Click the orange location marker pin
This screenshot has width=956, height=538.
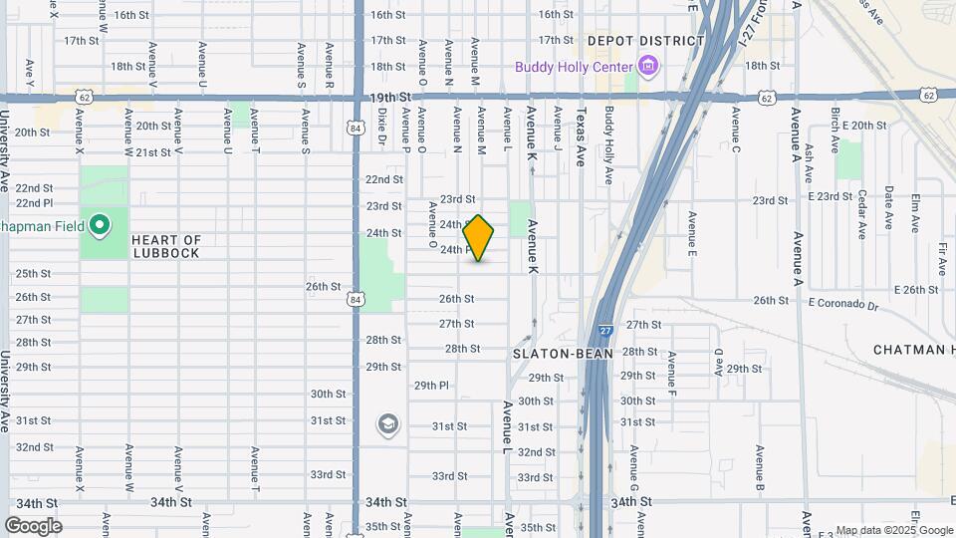coord(479,238)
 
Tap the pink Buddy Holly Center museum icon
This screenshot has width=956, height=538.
coord(649,67)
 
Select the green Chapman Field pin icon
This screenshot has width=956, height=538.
coord(99,226)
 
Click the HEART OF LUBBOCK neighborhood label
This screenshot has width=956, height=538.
coord(165,246)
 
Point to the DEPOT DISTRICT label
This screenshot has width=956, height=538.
coord(645,41)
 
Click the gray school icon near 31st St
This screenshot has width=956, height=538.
coord(387,425)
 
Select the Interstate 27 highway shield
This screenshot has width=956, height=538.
coord(605,330)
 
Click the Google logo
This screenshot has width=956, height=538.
coord(33,526)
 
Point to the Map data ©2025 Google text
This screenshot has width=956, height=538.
coord(893,531)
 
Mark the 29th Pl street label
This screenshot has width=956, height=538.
coord(432,385)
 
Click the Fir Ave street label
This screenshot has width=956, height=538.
coord(941,257)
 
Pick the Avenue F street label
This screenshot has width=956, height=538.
coord(672,371)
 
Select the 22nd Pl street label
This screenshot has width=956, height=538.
coord(33,203)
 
